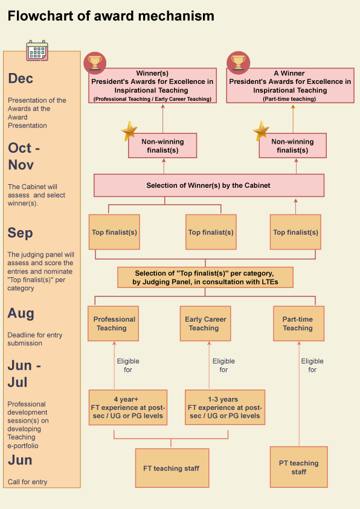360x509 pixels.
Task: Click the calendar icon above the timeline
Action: pos(37,51)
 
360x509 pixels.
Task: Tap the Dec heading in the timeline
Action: pos(21,78)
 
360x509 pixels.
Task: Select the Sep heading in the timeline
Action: pos(20,233)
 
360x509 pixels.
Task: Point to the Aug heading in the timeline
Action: pos(21,313)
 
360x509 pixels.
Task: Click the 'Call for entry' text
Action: pos(28,482)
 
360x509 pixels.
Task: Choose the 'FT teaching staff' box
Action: pos(172,468)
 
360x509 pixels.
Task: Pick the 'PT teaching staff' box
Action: pos(298,467)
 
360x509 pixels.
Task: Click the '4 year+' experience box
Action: pos(128,408)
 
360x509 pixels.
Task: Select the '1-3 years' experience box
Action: pos(225,408)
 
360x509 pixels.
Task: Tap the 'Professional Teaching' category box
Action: pos(114,323)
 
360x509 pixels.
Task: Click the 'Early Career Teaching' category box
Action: pos(205,323)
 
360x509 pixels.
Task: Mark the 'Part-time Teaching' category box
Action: pos(298,323)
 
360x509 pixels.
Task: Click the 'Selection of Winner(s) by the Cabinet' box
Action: pos(209,185)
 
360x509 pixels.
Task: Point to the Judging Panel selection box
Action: pos(205,277)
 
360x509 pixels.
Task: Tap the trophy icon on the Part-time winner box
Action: pos(238,62)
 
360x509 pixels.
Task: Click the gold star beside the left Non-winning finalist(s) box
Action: pos(129,131)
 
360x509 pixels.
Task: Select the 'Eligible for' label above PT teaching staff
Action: pos(312,365)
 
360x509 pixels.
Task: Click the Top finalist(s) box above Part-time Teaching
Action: pos(295,232)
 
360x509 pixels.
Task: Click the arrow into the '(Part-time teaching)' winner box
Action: pos(293,118)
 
